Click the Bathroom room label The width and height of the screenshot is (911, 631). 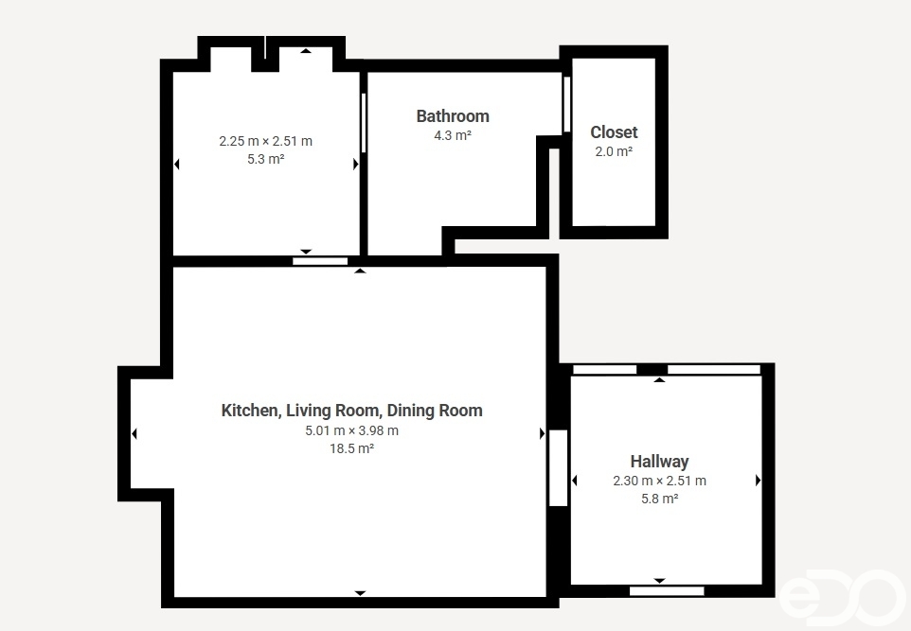[453, 116]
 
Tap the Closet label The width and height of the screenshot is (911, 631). [614, 132]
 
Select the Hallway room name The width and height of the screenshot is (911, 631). [659, 462]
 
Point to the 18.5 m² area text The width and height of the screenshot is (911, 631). [351, 448]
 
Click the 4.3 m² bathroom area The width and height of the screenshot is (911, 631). [453, 136]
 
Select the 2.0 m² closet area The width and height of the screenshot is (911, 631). [614, 152]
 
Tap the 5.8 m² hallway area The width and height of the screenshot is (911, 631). [659, 499]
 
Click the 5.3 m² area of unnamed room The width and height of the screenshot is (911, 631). [265, 159]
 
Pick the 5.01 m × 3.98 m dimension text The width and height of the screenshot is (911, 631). [351, 430]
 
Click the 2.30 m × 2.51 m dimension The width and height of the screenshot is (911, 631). [659, 481]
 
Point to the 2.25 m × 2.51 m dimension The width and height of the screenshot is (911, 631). [265, 141]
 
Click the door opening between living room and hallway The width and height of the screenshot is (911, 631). [559, 468]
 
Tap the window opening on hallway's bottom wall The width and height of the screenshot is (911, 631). [667, 591]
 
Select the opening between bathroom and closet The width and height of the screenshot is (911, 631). [566, 104]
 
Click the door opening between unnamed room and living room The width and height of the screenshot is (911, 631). [320, 261]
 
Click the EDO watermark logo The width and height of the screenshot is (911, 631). [842, 597]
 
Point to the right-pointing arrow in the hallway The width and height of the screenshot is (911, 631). [758, 480]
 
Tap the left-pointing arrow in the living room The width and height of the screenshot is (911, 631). [134, 433]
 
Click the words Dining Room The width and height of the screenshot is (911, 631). [435, 411]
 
